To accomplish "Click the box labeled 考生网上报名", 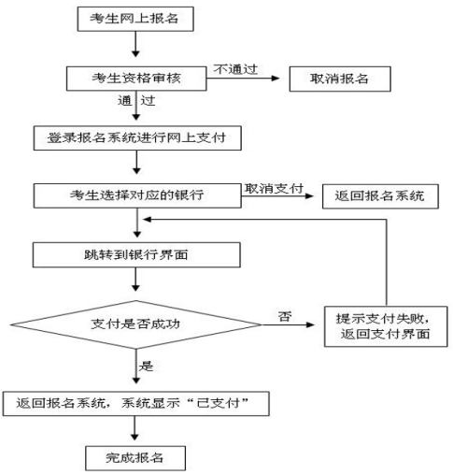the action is click(x=135, y=19).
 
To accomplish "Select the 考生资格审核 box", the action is click(x=136, y=79).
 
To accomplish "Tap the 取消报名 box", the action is click(x=340, y=79).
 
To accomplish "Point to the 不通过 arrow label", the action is click(x=235, y=69).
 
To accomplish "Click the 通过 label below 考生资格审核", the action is click(x=136, y=100).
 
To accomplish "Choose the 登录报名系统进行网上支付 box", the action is click(x=137, y=138).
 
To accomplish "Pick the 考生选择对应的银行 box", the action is click(x=137, y=195).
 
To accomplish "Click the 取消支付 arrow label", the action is click(x=274, y=188).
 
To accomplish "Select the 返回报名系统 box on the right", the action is click(x=380, y=196).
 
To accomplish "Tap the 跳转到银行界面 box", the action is click(x=136, y=255).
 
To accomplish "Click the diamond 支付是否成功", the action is click(x=135, y=324).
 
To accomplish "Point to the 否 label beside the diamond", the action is click(x=285, y=317).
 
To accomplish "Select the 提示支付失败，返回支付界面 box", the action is click(x=386, y=326).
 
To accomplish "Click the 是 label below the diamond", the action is click(x=146, y=366).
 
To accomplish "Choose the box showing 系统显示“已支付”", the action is click(x=136, y=404).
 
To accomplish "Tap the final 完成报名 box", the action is click(x=135, y=458).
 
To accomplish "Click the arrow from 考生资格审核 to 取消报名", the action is click(x=243, y=79).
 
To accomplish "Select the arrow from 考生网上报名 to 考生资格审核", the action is click(x=135, y=44).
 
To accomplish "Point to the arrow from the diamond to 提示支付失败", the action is click(x=288, y=324).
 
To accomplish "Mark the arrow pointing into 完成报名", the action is click(x=134, y=428).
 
